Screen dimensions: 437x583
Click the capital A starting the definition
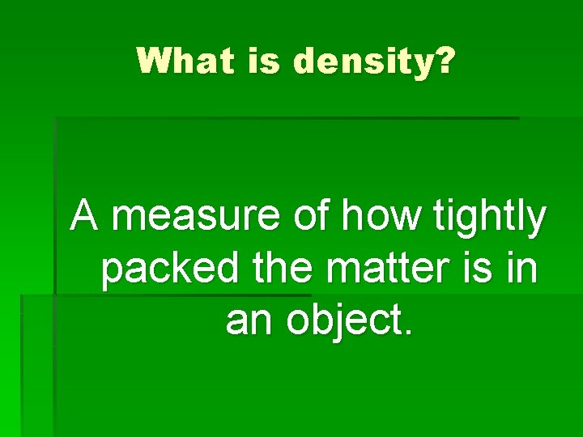point(86,217)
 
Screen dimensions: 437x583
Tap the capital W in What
point(151,61)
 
